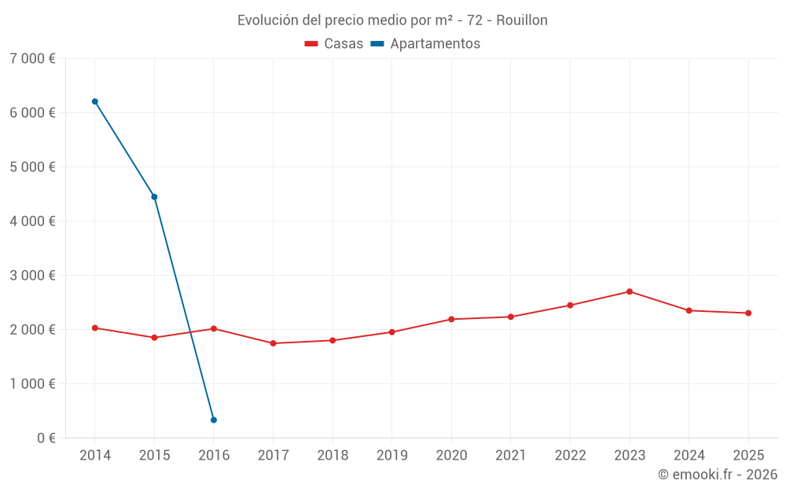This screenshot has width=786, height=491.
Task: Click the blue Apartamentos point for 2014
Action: pyautogui.click(x=95, y=101)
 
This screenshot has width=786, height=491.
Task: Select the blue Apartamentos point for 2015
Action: pyautogui.click(x=154, y=196)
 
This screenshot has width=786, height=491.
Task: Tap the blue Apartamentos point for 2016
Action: pyautogui.click(x=214, y=420)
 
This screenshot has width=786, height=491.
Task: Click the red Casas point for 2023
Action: pyautogui.click(x=630, y=291)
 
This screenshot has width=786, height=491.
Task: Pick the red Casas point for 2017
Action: pyautogui.click(x=273, y=343)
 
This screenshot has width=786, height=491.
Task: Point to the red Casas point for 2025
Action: pyautogui.click(x=748, y=313)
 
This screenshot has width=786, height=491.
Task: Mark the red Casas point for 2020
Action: pyautogui.click(x=451, y=319)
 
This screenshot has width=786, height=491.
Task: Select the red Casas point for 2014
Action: pyautogui.click(x=95, y=328)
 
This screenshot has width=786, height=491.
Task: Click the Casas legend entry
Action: pyautogui.click(x=334, y=44)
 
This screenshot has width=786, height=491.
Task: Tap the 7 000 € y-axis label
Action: pyautogui.click(x=32, y=59)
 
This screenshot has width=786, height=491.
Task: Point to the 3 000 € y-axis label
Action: pyautogui.click(x=32, y=276)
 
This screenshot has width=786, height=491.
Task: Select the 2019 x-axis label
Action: pyautogui.click(x=391, y=455)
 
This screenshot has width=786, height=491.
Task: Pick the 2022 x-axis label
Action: pyautogui.click(x=570, y=455)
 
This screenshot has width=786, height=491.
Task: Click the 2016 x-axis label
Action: pyautogui.click(x=214, y=455)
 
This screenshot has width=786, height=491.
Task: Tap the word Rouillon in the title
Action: pyautogui.click(x=521, y=20)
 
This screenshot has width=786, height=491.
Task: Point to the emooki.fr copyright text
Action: pyautogui.click(x=717, y=475)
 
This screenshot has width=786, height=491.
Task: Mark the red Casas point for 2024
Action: pyautogui.click(x=689, y=310)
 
